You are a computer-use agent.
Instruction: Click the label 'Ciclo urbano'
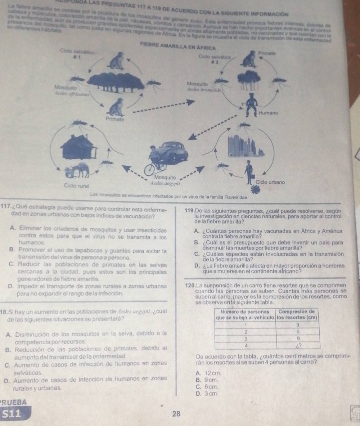coord(271,182)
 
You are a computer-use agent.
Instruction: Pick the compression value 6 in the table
coord(297,332)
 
